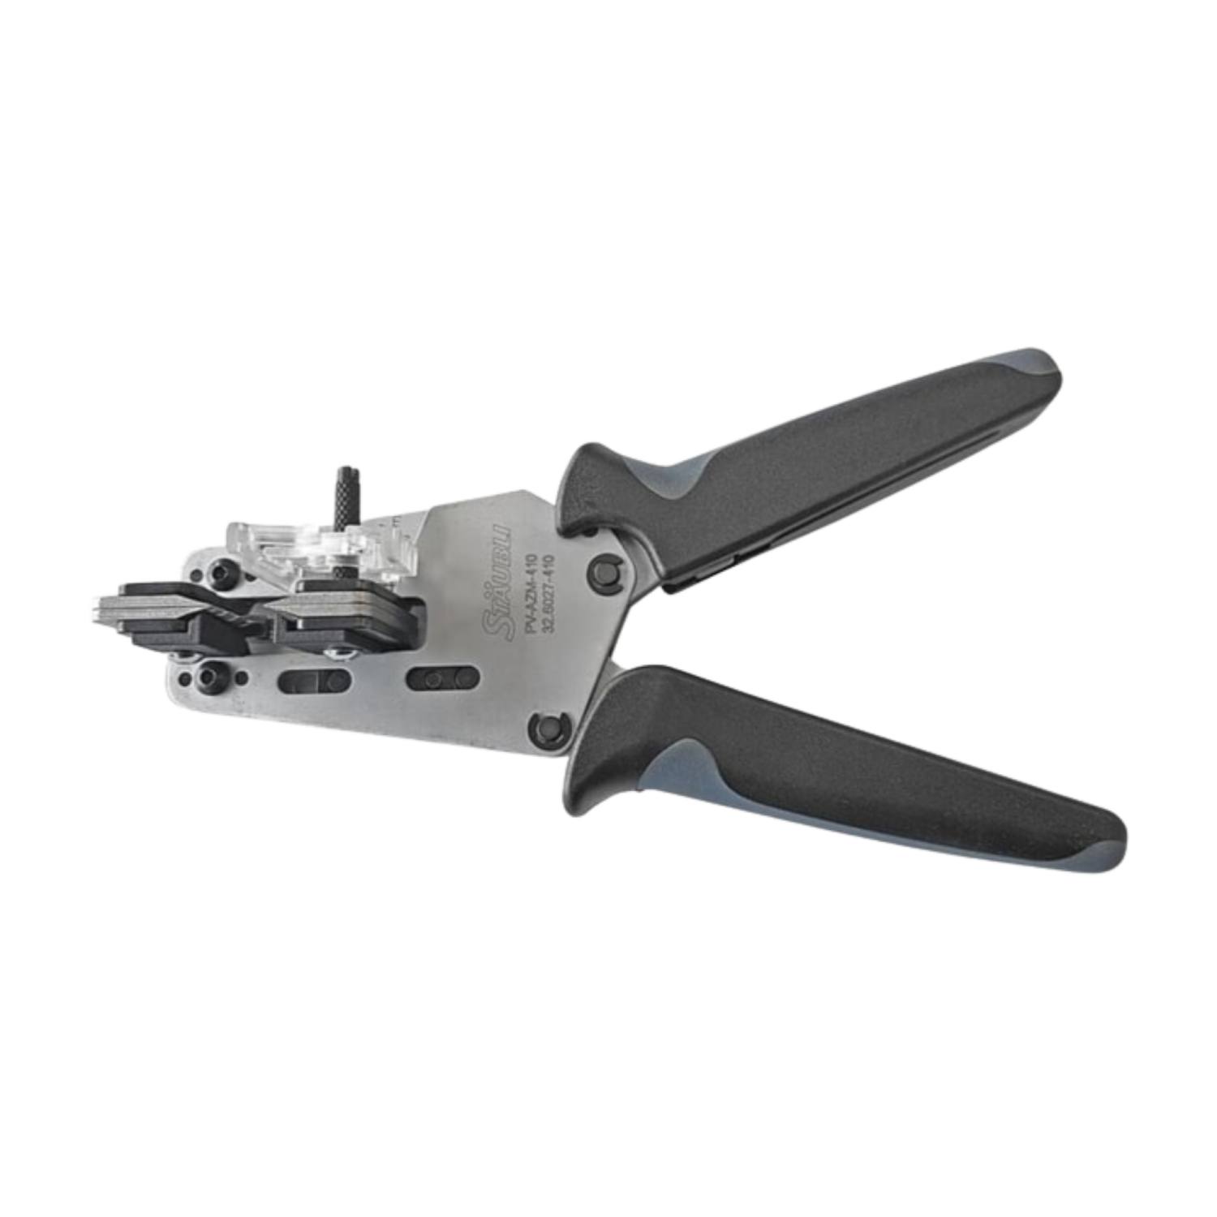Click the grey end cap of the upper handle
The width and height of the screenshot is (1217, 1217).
1034,369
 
